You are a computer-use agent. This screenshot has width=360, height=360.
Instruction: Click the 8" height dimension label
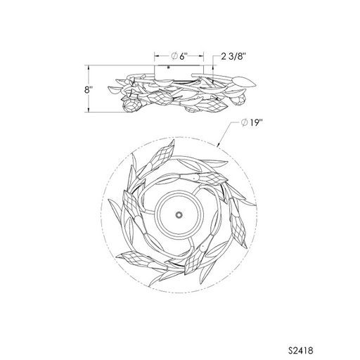(88, 90)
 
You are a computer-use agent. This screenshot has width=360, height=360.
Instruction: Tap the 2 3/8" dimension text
(233, 56)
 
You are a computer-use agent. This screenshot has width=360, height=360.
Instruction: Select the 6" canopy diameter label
(184, 56)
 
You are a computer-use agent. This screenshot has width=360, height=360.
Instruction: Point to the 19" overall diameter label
(255, 122)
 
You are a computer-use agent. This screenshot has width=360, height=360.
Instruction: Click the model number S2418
(300, 351)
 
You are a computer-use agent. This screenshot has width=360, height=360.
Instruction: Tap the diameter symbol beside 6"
(174, 56)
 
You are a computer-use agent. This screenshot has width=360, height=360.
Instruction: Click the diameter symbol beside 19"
(244, 122)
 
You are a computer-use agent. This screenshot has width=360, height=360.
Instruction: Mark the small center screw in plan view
(179, 214)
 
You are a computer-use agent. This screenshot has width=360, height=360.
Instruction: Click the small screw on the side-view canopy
(168, 67)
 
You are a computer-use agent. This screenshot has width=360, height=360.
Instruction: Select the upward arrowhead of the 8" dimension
(89, 67)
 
